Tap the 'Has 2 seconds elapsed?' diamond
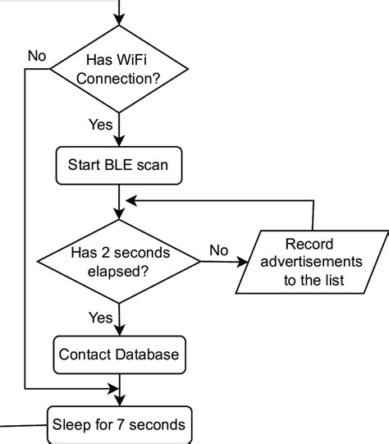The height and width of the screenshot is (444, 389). [x=120, y=263]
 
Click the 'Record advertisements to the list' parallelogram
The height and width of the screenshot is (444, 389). [x=313, y=263]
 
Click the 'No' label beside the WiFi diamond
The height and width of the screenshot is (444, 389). [x=37, y=56]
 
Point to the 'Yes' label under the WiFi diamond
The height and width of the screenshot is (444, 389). [x=101, y=125]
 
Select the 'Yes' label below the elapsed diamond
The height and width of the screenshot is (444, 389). [x=100, y=317]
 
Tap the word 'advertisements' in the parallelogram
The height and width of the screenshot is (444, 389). [x=313, y=263]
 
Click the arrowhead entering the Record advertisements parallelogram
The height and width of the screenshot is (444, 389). [x=243, y=263]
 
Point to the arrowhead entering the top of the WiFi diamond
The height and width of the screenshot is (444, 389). [x=120, y=25]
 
